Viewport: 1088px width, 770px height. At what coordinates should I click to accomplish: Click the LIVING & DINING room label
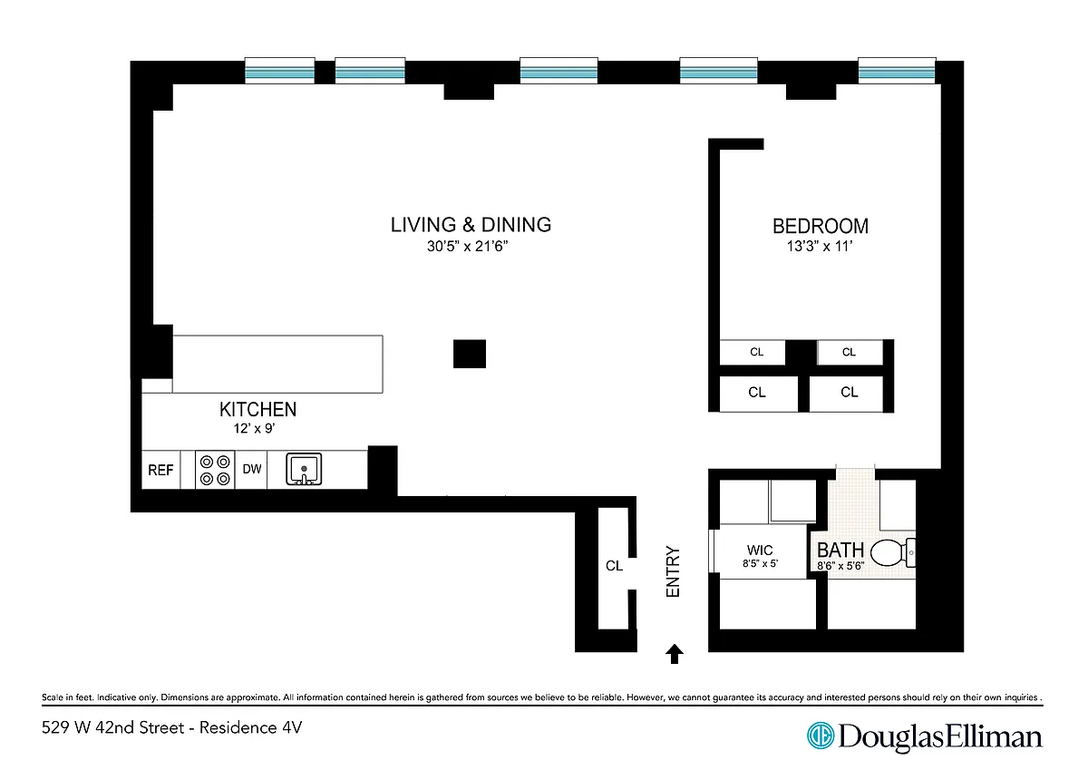click(471, 225)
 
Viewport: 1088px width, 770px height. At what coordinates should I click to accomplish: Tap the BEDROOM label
click(821, 227)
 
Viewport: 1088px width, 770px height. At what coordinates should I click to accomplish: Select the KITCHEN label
click(257, 410)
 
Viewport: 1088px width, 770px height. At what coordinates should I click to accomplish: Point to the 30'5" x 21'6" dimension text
click(467, 247)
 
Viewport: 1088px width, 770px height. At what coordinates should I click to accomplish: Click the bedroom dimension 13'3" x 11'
click(820, 247)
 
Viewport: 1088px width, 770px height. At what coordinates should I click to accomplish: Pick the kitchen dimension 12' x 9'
click(255, 428)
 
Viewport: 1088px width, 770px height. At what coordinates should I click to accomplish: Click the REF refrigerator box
click(160, 470)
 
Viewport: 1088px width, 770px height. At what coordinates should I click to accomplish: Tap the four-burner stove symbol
click(215, 471)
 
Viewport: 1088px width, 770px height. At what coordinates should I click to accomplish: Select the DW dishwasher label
click(252, 469)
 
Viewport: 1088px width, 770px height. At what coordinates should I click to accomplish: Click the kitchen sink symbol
click(304, 469)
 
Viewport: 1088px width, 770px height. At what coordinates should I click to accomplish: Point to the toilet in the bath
click(893, 552)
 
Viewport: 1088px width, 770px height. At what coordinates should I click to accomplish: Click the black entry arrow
click(675, 653)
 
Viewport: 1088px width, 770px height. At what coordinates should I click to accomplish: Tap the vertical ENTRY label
click(673, 571)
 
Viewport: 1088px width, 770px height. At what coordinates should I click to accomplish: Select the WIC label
click(760, 550)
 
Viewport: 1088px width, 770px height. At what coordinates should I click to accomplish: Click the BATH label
click(840, 551)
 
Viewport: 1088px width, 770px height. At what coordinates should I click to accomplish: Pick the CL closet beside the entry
click(614, 566)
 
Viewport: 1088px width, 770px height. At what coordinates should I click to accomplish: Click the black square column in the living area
click(470, 354)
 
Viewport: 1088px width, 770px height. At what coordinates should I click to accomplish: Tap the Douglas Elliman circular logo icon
click(821, 736)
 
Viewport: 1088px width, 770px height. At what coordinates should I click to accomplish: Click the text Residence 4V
click(250, 727)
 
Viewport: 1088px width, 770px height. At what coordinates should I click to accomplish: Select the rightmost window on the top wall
click(897, 71)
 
